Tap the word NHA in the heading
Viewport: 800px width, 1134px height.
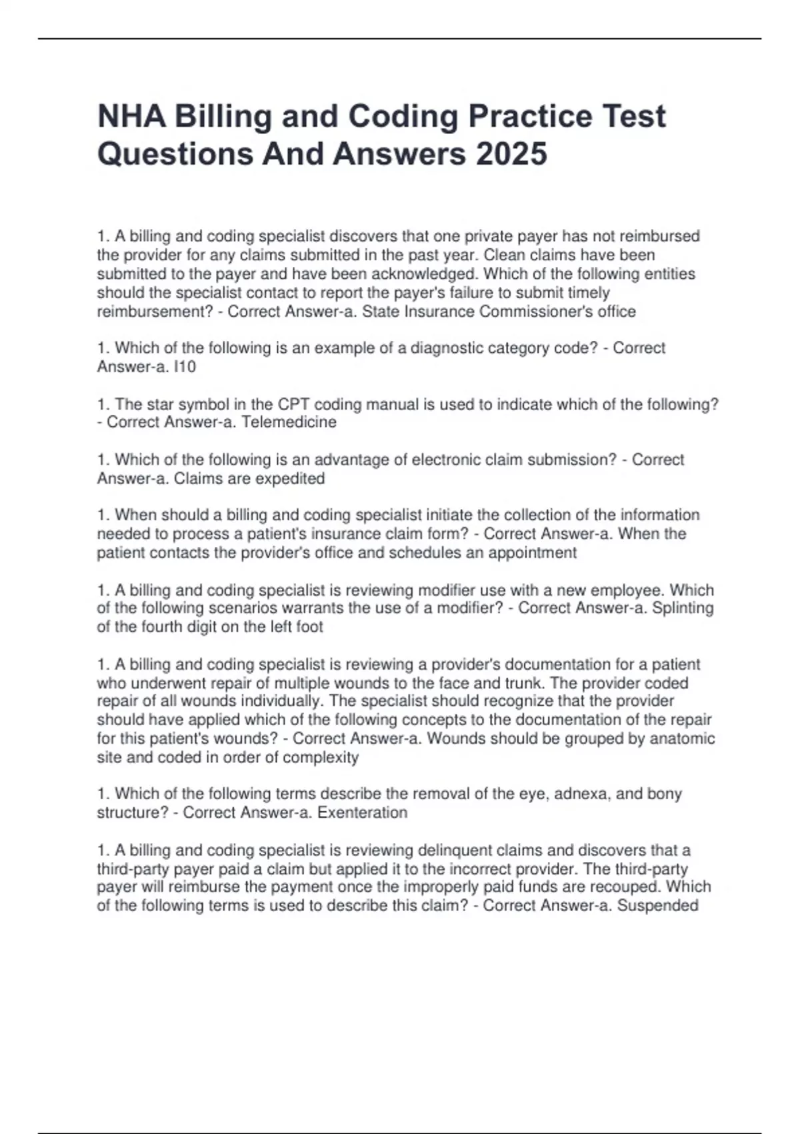(x=131, y=116)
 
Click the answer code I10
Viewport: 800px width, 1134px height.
(x=184, y=367)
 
